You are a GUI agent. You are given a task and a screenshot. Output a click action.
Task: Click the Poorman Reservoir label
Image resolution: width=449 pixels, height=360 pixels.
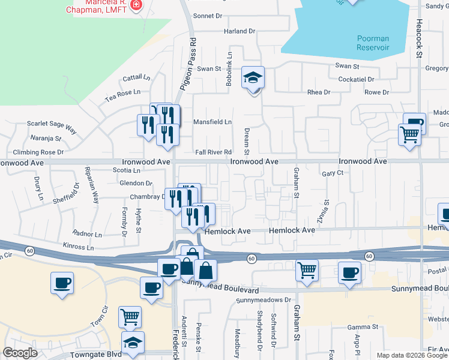click(x=373, y=43)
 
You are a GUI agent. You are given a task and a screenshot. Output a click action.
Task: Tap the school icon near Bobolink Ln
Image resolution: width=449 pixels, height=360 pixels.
click(x=253, y=78)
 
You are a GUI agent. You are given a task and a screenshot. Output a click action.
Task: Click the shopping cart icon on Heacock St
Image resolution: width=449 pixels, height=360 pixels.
click(x=409, y=134)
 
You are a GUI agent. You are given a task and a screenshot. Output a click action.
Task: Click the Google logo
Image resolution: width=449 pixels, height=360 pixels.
click(x=20, y=353)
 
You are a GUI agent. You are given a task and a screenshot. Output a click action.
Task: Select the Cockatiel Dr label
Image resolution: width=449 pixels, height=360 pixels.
click(x=357, y=79)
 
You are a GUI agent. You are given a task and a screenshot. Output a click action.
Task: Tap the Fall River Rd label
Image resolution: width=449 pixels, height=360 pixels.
click(x=212, y=152)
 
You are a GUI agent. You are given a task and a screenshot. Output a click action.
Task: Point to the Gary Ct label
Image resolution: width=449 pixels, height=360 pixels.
click(x=332, y=173)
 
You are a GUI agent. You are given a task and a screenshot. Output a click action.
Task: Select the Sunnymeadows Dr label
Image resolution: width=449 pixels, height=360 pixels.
click(x=264, y=300)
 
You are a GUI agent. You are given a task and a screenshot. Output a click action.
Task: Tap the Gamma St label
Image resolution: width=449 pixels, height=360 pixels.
click(x=363, y=328)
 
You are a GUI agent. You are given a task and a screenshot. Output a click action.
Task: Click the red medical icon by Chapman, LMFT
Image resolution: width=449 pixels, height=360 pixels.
click(x=136, y=5)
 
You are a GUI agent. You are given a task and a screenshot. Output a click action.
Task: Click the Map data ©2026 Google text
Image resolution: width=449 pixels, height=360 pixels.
click(x=411, y=355)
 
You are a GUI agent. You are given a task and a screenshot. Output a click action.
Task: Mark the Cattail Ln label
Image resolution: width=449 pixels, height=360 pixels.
click(x=137, y=78)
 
